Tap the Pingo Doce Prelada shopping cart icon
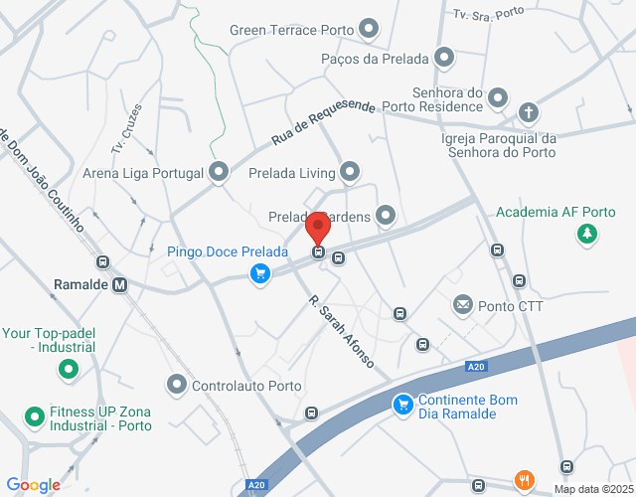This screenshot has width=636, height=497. tap(260, 273)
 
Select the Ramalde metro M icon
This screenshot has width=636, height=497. tap(120, 285)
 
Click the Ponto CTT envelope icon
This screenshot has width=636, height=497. tap(462, 304)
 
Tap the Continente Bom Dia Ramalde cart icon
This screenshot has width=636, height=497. tap(402, 405)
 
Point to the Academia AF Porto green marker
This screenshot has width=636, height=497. tap(586, 235)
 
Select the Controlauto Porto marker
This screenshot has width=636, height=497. tap(177, 383)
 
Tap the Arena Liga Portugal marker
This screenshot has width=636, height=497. tap(219, 173)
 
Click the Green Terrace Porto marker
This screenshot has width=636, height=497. tap(370, 30)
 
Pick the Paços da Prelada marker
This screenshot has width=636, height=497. tap(443, 59)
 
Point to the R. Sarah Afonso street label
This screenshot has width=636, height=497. tap(341, 330)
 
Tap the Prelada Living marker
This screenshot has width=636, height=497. tap(349, 173)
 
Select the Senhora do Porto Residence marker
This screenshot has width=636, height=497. tap(498, 99)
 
